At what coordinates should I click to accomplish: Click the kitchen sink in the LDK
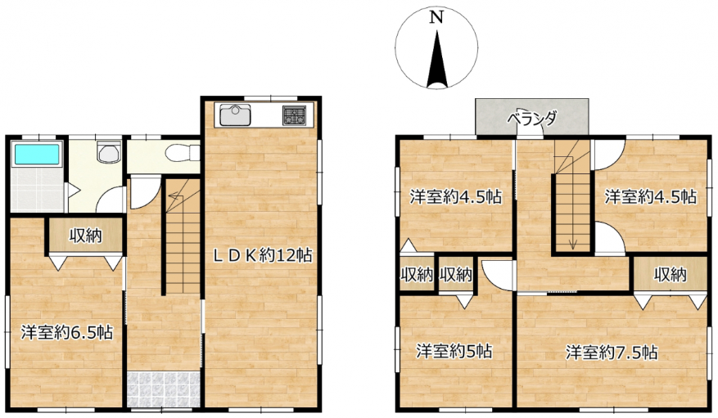pyautogui.click(x=235, y=115)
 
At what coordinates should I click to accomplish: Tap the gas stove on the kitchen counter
pyautogui.click(x=294, y=115)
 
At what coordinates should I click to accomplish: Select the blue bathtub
pyautogui.click(x=37, y=154)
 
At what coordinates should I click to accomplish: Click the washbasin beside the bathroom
pyautogui.click(x=109, y=152)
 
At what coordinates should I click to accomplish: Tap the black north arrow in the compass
pyautogui.click(x=437, y=59)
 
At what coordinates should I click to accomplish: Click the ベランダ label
pyautogui.click(x=531, y=119)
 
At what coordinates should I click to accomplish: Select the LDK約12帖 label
pyautogui.click(x=264, y=255)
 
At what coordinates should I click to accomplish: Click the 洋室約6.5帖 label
pyautogui.click(x=67, y=332)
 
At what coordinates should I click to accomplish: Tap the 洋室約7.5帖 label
pyautogui.click(x=612, y=353)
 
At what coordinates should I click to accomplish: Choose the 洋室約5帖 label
pyautogui.click(x=454, y=351)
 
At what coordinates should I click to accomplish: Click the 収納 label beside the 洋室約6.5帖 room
pyautogui.click(x=86, y=236)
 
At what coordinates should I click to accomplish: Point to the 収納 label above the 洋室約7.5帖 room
pyautogui.click(x=670, y=274)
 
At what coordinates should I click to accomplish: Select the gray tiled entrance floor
pyautogui.click(x=164, y=389)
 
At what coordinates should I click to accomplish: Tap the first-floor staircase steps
pyautogui.click(x=183, y=236)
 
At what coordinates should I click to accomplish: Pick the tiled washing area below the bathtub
pyautogui.click(x=37, y=189)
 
